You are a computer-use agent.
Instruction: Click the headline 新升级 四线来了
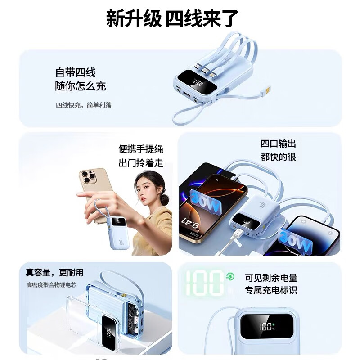[x=172, y=19]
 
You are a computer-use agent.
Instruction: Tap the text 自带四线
[x=75, y=72]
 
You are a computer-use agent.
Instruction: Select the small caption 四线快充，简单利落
[x=83, y=105]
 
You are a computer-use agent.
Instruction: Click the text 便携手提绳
[x=140, y=149]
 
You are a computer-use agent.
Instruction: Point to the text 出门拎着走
[x=140, y=162]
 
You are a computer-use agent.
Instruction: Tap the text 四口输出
[x=278, y=144]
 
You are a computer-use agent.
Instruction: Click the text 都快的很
[x=278, y=157]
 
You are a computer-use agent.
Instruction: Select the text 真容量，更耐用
[x=54, y=273]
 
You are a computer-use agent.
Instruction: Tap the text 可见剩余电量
[x=271, y=278]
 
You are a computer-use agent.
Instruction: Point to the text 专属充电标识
[x=271, y=290]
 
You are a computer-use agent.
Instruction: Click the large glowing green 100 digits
[x=205, y=282]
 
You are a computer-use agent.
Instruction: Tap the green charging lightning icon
[x=230, y=276]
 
